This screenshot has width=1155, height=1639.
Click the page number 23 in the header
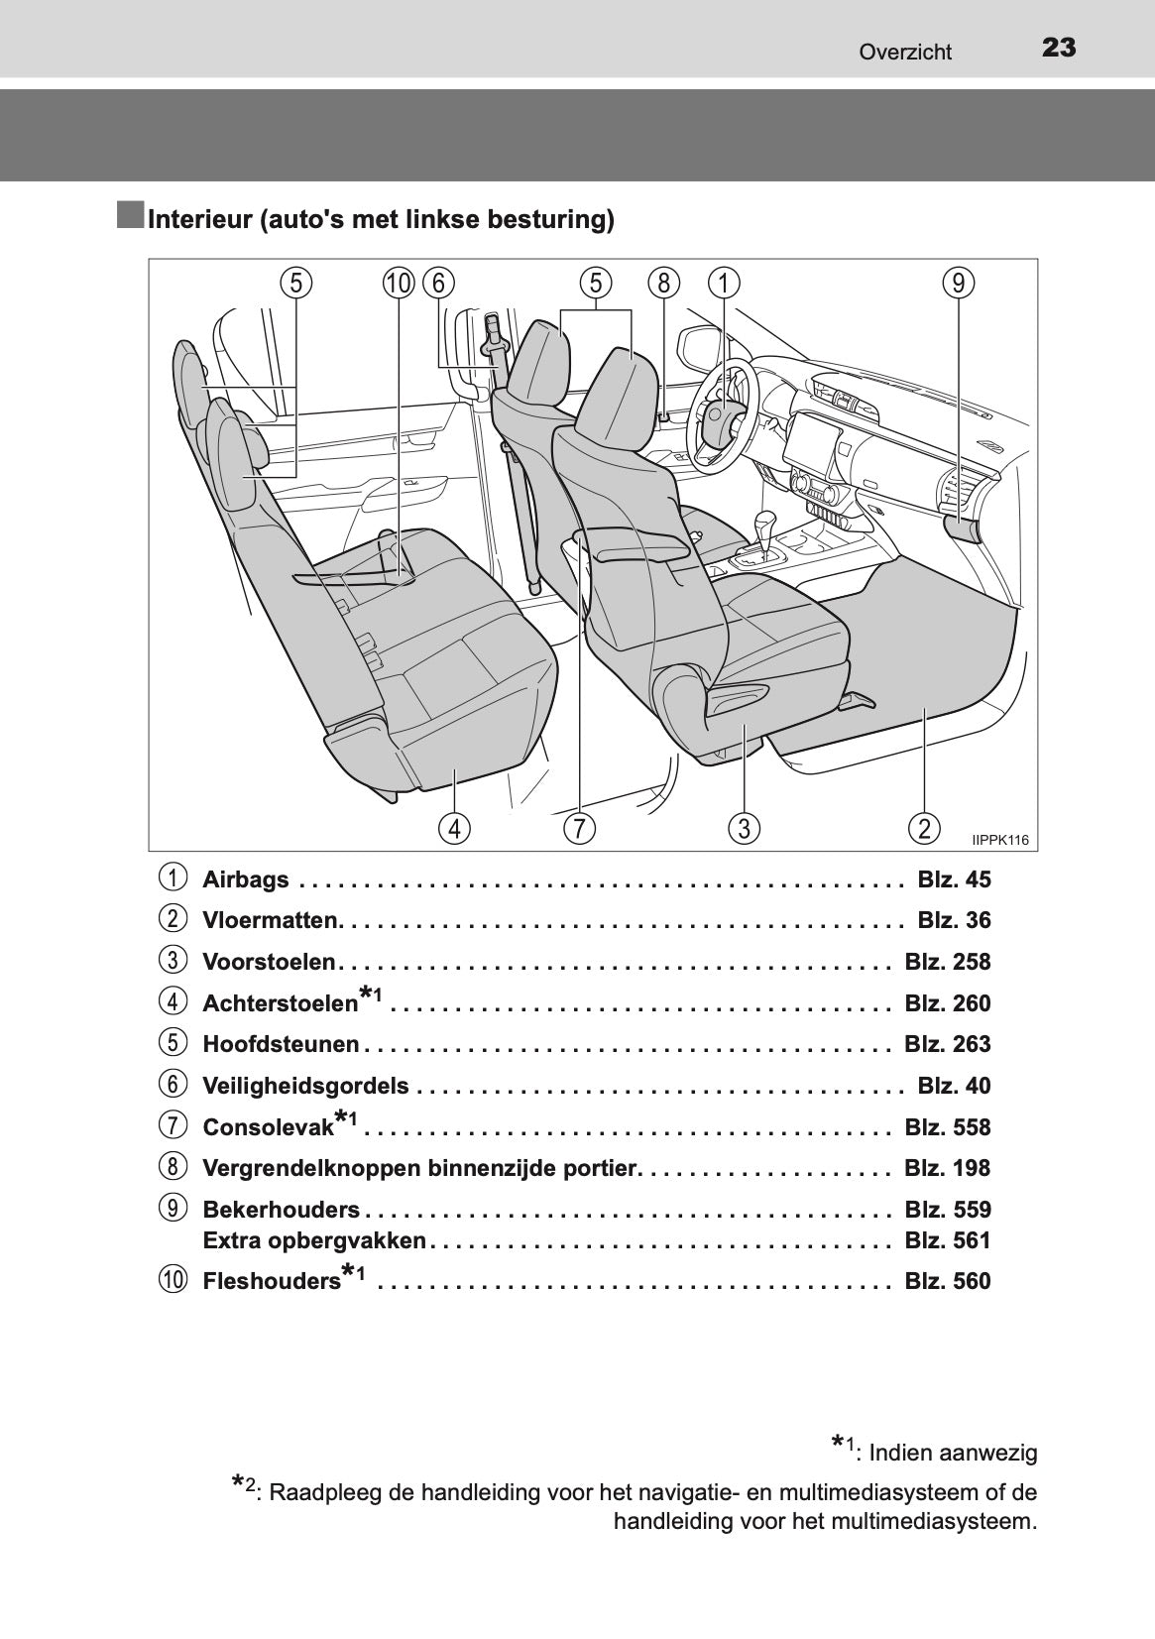pyautogui.click(x=1059, y=49)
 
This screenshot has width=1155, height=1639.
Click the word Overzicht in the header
pyautogui.click(x=905, y=52)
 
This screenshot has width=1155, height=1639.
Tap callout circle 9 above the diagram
pyautogui.click(x=959, y=284)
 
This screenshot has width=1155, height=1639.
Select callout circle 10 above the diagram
pyautogui.click(x=399, y=284)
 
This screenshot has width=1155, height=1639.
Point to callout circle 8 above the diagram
pyautogui.click(x=664, y=284)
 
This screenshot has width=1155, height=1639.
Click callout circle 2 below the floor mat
pyautogui.click(x=924, y=828)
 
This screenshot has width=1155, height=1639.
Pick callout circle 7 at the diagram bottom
pyautogui.click(x=579, y=828)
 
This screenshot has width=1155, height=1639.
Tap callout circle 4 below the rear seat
pyautogui.click(x=454, y=828)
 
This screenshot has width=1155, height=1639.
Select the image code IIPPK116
pyautogui.click(x=1000, y=840)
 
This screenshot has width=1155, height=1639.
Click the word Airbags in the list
pyautogui.click(x=246, y=879)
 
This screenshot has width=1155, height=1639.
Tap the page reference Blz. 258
pyautogui.click(x=948, y=962)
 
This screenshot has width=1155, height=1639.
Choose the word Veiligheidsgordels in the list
pyautogui.click(x=305, y=1086)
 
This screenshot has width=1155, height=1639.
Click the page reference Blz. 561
pyautogui.click(x=948, y=1240)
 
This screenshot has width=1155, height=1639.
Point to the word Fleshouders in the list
pyautogui.click(x=272, y=1281)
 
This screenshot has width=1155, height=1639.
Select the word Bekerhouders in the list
pyautogui.click(x=281, y=1210)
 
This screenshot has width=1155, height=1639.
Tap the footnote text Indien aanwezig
pyautogui.click(x=953, y=1453)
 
